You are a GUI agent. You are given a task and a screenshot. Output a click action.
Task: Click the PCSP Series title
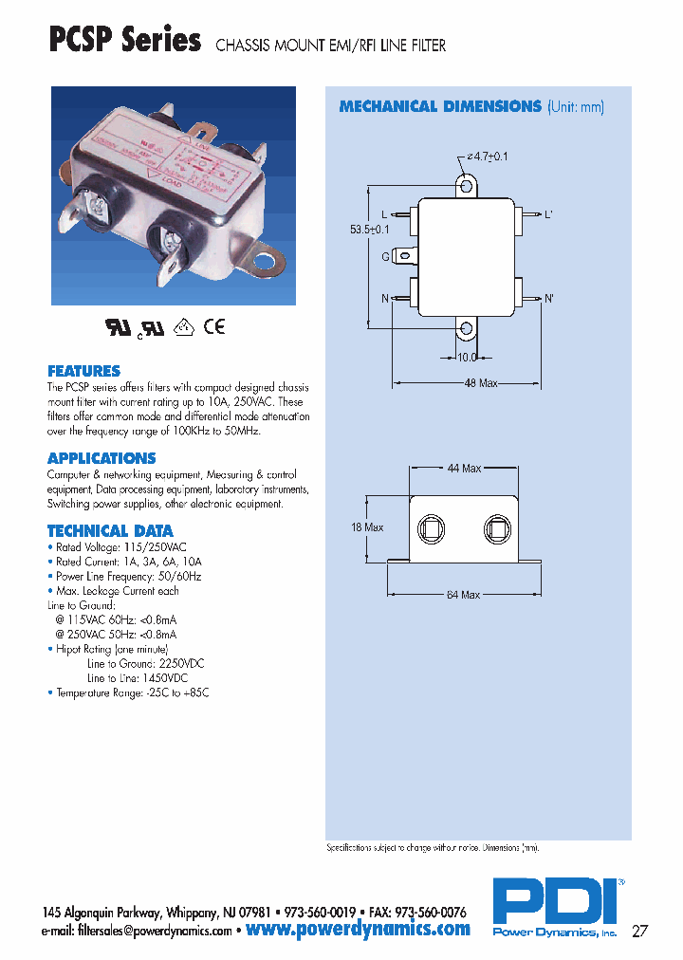124,41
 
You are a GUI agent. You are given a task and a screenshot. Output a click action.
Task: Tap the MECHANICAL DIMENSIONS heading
440,106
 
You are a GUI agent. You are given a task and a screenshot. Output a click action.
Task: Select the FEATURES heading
83,371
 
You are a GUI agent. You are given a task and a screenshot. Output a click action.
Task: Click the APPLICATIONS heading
102,458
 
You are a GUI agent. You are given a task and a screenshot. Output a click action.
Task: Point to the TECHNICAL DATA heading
110,531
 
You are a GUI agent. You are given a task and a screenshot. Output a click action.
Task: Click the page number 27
640,930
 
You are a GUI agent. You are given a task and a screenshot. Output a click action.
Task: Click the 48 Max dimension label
482,383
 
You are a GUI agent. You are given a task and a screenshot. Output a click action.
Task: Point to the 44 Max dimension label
465,469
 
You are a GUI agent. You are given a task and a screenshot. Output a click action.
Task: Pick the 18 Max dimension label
367,527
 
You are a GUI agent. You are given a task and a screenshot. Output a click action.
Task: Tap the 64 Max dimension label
463,595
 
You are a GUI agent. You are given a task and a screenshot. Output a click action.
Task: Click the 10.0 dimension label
467,358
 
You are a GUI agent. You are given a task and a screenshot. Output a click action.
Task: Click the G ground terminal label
387,256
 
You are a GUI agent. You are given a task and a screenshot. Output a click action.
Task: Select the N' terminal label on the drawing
548,298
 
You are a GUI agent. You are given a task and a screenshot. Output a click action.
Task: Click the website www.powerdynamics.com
358,929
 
